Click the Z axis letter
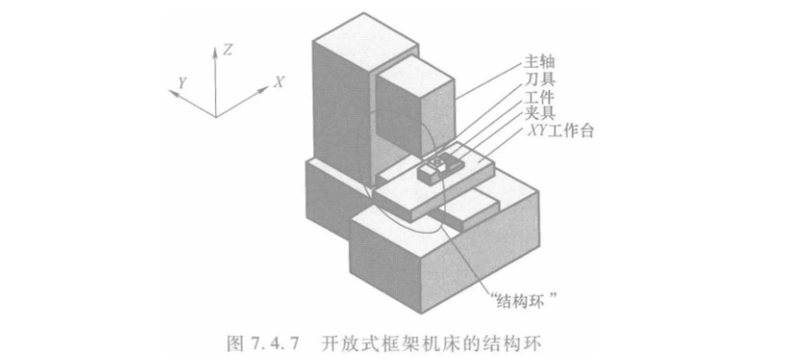227,49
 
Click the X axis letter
279,82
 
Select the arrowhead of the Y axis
173,94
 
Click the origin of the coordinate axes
216,117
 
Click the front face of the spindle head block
400,113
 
